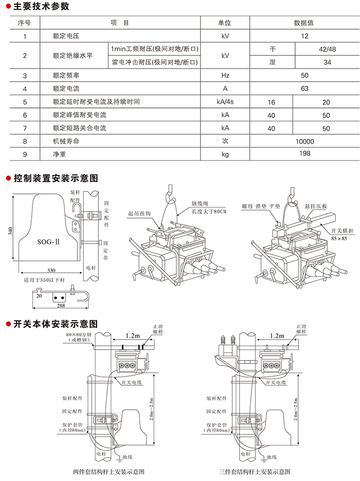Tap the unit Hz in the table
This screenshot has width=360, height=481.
tap(225, 76)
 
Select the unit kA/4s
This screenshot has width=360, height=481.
tap(225, 102)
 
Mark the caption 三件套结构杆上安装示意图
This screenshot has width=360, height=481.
tap(260, 472)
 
